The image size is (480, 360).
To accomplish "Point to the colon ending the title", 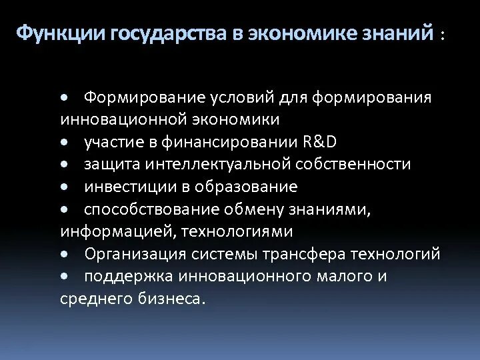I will point(441,36).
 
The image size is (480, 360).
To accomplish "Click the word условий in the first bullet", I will point(243,97).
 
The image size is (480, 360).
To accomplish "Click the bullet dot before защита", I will point(63,164).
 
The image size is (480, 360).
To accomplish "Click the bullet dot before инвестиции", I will point(63,187).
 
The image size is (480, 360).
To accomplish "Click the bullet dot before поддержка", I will point(63,276).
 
